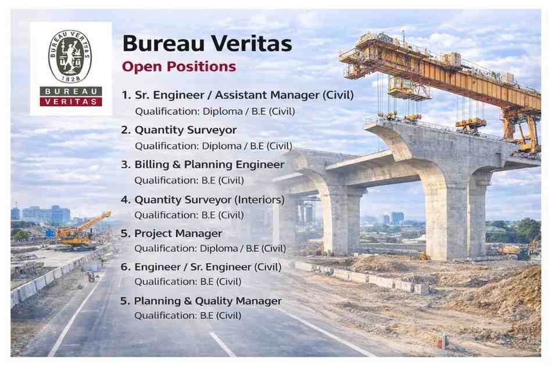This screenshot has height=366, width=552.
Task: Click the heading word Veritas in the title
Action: point(252,44)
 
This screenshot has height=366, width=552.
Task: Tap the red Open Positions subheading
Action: point(179,66)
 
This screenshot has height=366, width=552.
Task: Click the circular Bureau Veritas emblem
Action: point(70,56)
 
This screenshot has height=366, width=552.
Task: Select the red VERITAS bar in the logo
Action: point(71,102)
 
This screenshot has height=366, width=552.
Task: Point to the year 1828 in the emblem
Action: point(70,78)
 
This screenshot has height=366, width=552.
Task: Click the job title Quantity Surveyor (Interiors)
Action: point(209,200)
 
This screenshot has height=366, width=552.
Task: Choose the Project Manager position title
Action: point(178,234)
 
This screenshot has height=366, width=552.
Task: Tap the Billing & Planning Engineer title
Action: point(209,164)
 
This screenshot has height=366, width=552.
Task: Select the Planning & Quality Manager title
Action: point(208,301)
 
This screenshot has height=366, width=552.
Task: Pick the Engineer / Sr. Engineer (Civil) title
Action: point(208,267)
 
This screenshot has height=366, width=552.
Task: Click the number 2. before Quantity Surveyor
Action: point(126,130)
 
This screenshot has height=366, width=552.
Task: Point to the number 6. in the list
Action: point(126,267)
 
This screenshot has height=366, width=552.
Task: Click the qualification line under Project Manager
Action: point(210,249)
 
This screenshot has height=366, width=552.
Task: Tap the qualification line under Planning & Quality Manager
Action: point(188,315)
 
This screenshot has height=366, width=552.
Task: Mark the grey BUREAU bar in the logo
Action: point(71,91)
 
